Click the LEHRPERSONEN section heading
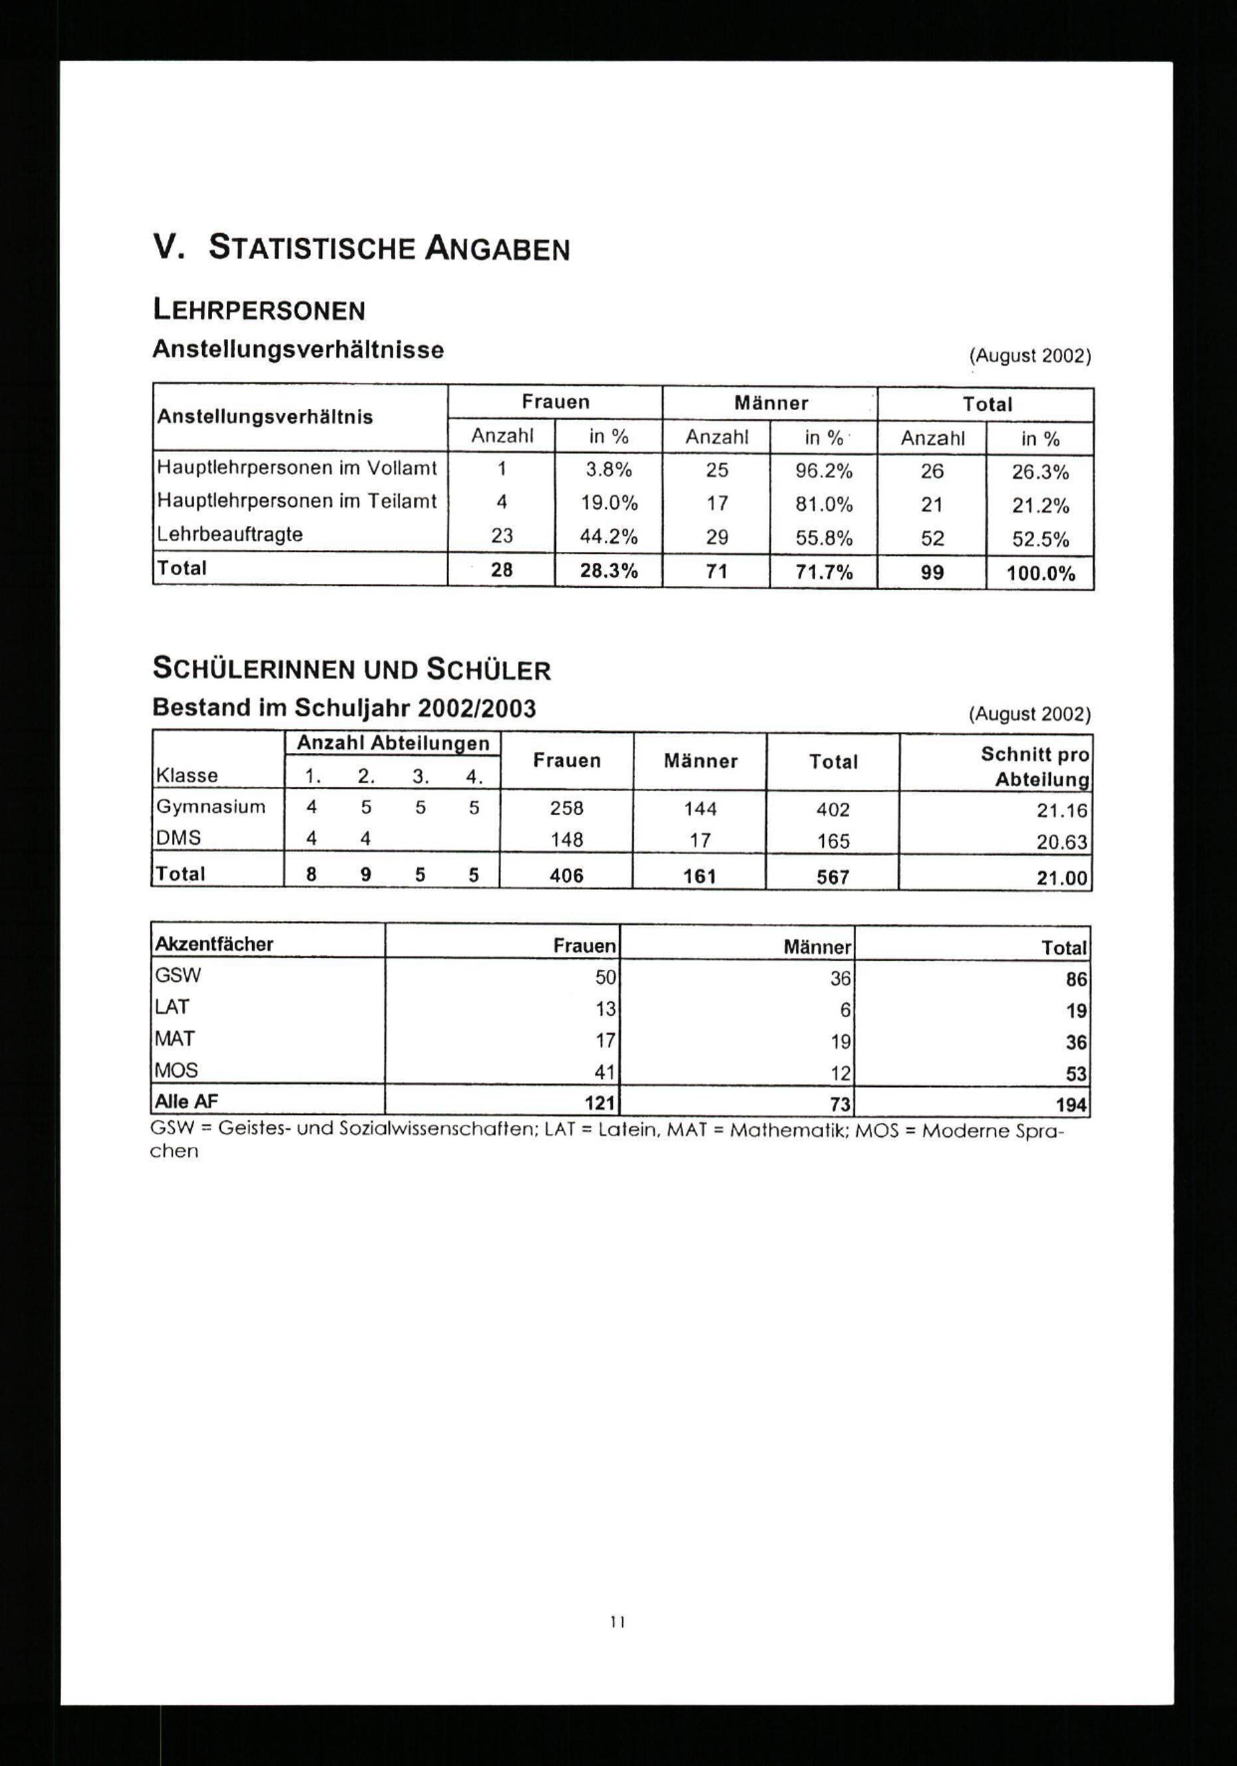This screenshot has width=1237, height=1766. pos(259,310)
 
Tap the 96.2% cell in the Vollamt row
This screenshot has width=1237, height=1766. pos(823,471)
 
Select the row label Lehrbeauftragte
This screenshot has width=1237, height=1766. pos(229,534)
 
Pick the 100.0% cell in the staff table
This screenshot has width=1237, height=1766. pos(1040,574)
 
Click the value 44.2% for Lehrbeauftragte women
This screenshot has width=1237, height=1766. pos(608,537)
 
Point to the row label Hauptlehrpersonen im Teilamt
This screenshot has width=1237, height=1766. pos(296,502)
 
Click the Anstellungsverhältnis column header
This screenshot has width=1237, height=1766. pos(265,417)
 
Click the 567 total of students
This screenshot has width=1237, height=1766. pos(833,877)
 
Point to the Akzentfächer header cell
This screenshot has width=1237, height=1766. pos(214,945)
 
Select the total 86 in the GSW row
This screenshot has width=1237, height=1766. pos(1076,979)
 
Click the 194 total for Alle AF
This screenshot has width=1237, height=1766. pos(1071,1105)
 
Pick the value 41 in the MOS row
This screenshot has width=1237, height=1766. pos(605,1072)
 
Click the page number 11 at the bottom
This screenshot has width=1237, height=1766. pos(617,1622)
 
